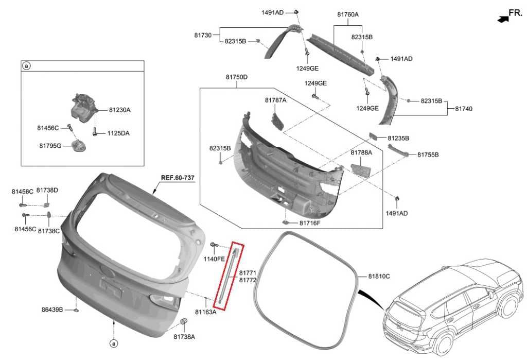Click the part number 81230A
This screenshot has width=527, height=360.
pos(119,110)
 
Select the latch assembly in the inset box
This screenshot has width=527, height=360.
pos(84,108)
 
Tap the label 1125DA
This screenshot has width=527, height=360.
pos(118,133)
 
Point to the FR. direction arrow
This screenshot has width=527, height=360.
pos(503,19)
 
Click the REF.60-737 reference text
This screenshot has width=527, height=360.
pos(178,178)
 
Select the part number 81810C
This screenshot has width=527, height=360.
pos(379,276)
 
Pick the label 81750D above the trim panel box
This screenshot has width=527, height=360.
pos(237,77)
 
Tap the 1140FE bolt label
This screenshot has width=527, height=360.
pos(214,259)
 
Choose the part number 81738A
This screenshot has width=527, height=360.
pos(184,336)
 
